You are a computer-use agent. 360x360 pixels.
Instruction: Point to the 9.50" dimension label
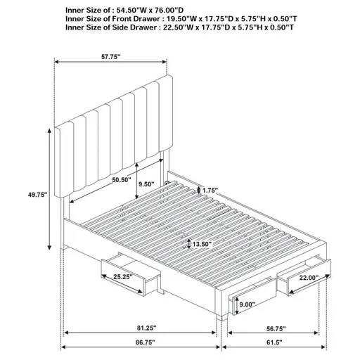147,185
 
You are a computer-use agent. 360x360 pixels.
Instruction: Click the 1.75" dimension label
210,190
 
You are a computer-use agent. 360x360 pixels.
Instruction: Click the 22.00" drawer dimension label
307,278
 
